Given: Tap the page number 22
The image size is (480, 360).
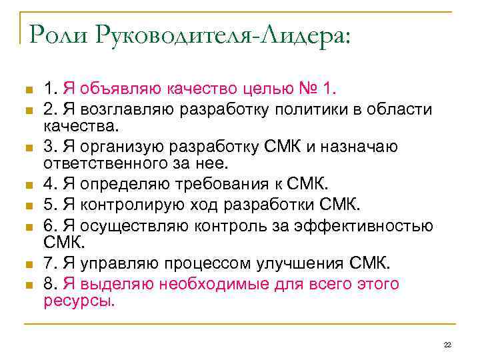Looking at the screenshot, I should coord(447,344).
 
